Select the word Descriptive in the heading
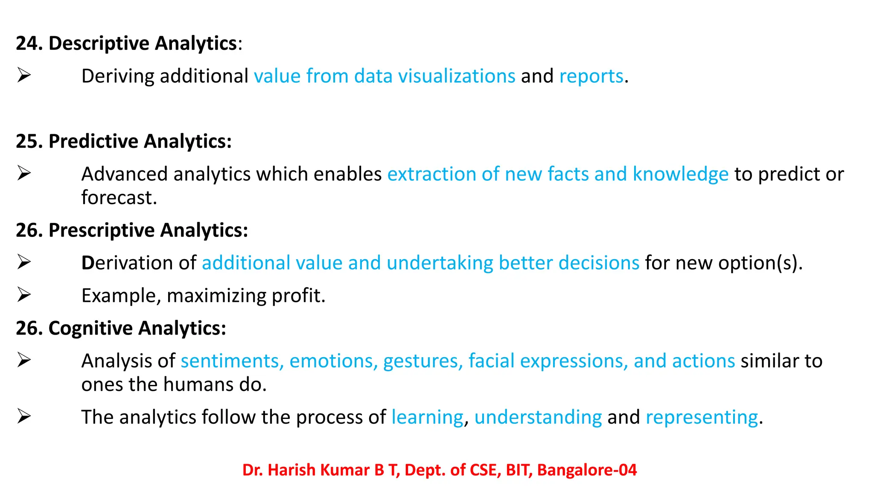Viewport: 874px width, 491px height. (99, 43)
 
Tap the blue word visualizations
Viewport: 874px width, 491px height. (457, 76)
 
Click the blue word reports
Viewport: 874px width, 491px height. (591, 76)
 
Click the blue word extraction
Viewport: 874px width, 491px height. (431, 174)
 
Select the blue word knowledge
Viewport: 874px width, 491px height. (680, 174)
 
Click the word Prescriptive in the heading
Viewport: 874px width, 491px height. (102, 231)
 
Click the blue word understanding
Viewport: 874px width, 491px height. (538, 417)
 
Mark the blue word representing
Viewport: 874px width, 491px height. (702, 417)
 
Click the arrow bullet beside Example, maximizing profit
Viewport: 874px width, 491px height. (24, 295)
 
